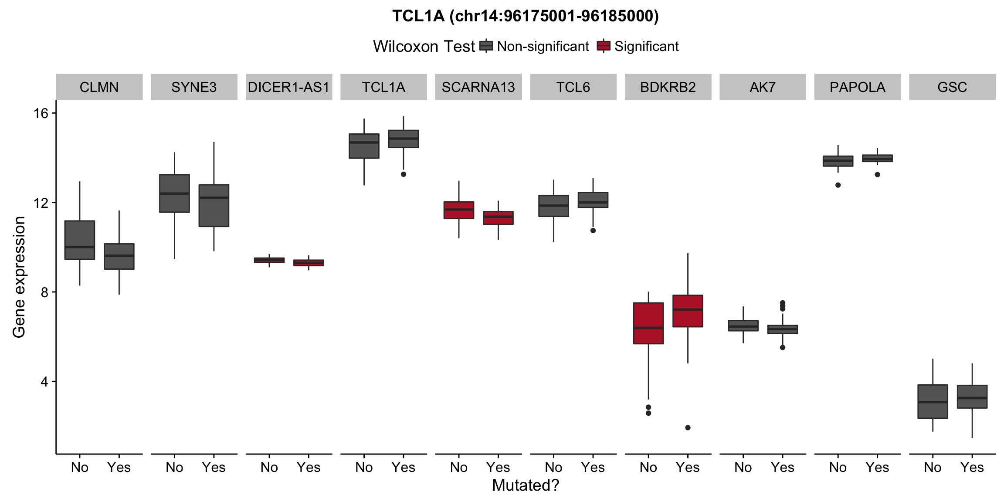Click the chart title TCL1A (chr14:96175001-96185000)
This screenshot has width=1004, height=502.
525,16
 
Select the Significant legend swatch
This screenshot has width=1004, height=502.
604,46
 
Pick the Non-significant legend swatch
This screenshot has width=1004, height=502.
486,46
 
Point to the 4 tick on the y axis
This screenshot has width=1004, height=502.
44,382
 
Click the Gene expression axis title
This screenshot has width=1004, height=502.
19,277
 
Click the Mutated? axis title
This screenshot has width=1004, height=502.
525,485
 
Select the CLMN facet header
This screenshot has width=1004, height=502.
99,87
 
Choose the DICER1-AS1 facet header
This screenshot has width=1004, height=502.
289,87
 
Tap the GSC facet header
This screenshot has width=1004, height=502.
952,87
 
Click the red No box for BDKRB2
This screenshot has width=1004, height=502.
648,323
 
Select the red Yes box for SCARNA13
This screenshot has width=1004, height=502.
498,218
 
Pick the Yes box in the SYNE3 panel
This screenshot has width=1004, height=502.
214,205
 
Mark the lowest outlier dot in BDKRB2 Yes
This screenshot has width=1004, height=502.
688,427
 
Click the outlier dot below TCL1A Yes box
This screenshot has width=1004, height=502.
404,174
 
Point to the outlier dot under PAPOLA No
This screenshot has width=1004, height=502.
838,185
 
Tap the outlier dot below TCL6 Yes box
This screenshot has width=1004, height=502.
593,231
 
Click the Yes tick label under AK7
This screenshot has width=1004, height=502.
782,468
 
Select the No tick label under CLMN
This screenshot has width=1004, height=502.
80,468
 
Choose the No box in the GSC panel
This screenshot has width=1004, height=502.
933,401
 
